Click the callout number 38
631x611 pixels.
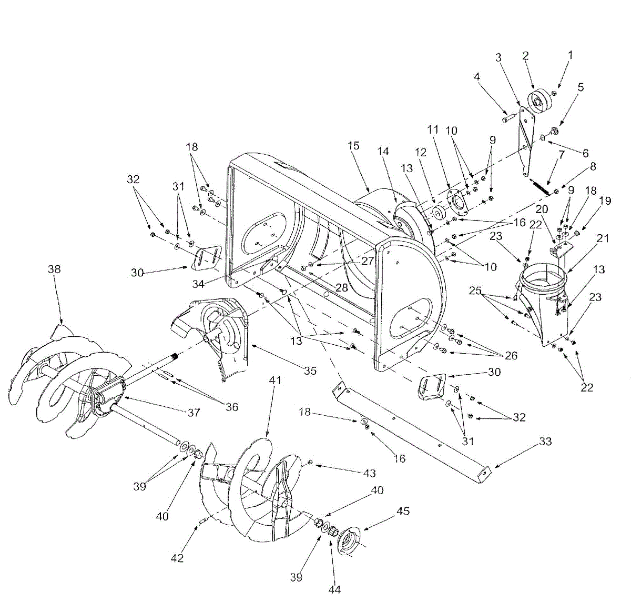point(54,269)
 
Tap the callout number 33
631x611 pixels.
point(546,441)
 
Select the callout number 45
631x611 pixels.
point(403,511)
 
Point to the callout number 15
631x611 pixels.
point(354,145)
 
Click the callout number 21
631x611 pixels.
point(603,238)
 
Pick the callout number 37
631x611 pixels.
point(194,413)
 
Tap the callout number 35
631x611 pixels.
point(310,370)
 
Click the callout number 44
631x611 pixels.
point(334,589)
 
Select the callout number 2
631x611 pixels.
point(525,55)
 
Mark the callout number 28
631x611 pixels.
point(341,288)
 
